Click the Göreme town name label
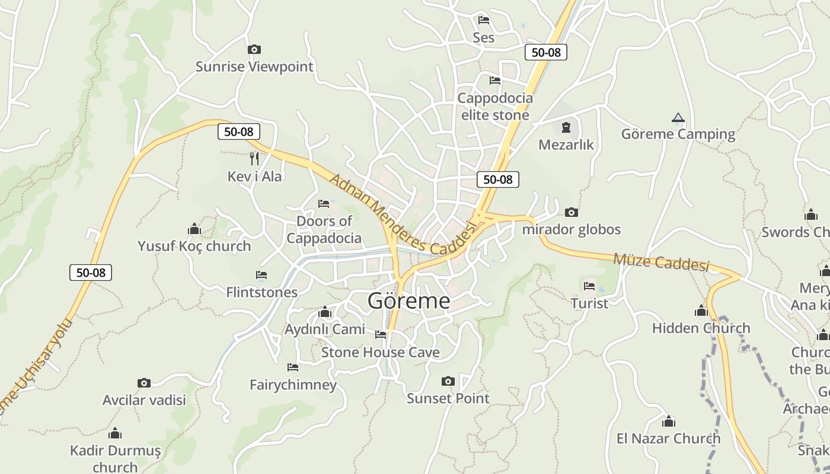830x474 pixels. (408, 301)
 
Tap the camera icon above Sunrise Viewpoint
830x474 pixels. (254, 49)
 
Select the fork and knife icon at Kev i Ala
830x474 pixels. (254, 158)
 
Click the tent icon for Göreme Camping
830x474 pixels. (678, 117)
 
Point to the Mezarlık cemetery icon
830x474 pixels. (566, 127)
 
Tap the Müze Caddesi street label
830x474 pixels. (661, 261)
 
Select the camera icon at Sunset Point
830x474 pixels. (448, 381)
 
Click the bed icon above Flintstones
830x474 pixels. (261, 275)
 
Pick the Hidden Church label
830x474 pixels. (701, 328)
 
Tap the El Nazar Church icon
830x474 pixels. (669, 421)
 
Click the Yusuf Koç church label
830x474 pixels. (194, 246)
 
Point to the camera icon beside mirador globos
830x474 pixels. (572, 212)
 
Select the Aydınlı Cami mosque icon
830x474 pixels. (324, 312)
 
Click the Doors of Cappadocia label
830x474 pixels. (324, 229)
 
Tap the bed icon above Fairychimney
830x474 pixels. (293, 367)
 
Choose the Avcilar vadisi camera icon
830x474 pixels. (144, 383)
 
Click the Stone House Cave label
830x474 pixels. (380, 353)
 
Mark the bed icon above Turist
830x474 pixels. (589, 286)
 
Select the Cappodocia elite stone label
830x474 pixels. (495, 106)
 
